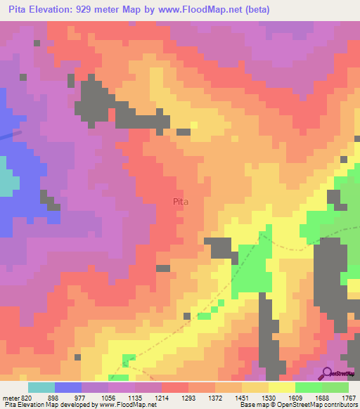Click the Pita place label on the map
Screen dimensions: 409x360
181,200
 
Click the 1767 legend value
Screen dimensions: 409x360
349,397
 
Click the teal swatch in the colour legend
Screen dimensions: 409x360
41,387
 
